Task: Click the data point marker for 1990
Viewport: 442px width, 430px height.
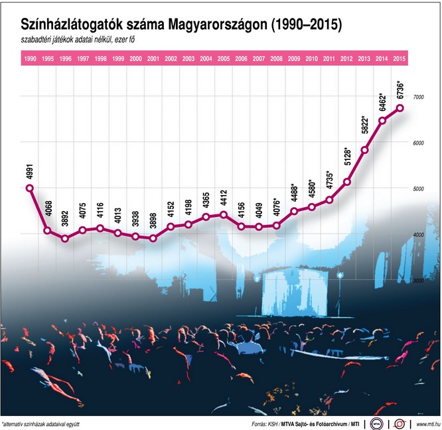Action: click(x=30, y=188)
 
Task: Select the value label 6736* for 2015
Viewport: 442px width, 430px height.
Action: click(x=399, y=90)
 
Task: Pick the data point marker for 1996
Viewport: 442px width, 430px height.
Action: click(x=65, y=238)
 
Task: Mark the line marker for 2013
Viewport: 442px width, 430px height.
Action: click(x=364, y=150)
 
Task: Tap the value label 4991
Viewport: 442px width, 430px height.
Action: click(x=30, y=170)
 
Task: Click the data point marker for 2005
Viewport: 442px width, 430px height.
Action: click(x=224, y=214)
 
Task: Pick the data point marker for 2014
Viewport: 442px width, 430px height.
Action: click(x=382, y=120)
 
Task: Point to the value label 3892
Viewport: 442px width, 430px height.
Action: click(x=65, y=220)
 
